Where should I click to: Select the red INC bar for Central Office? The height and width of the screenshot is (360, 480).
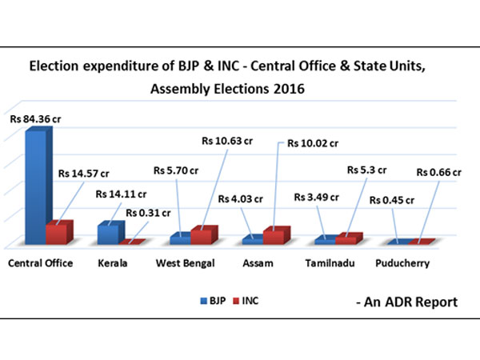coord(58,233)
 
